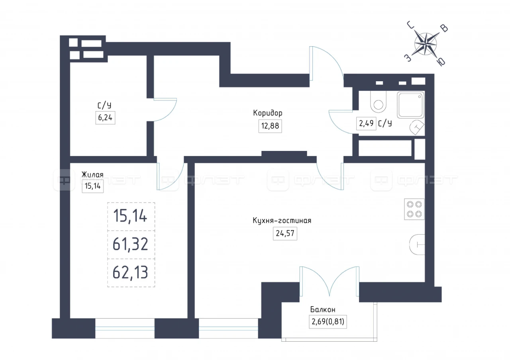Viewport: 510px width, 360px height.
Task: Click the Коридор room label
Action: pos(267,113)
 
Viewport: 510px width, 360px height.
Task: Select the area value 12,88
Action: pos(270,126)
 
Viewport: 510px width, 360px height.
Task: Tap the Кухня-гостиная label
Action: pos(282,221)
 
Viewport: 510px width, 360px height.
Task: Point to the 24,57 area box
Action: pos(285,233)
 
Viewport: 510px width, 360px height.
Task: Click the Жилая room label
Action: pos(92,175)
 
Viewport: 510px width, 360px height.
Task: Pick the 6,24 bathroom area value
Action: pos(105,117)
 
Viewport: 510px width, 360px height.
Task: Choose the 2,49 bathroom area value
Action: pos(366,123)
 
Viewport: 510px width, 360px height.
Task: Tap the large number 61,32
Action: pos(130,244)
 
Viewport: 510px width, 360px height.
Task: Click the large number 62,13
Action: pos(130,272)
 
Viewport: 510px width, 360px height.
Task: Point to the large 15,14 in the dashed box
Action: pos(130,216)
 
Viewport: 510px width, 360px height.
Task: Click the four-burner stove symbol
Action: pos(414,209)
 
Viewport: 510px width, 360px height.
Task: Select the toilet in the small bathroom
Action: pos(379,102)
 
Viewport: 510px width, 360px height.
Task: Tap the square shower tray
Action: pos(411,105)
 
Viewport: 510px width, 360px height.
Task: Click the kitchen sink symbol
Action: pos(417,245)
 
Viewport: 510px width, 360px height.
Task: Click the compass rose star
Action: pos(425,44)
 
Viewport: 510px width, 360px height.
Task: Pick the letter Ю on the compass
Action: pos(441,61)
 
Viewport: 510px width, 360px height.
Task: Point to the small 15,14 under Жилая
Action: pos(93,186)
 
